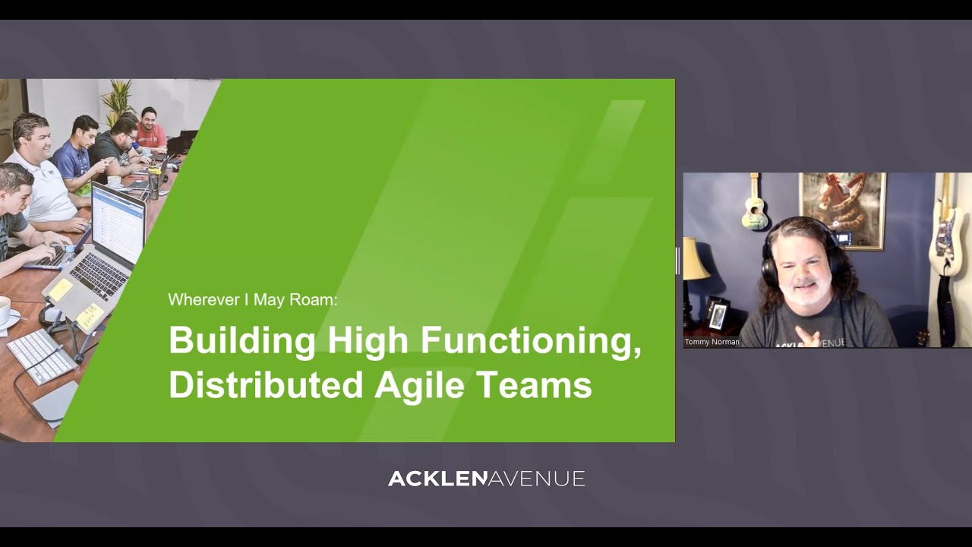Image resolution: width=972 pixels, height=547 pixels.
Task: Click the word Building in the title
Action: [x=241, y=340]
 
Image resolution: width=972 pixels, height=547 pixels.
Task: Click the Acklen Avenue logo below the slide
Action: [x=486, y=479]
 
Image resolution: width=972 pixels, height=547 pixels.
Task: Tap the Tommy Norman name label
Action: [x=712, y=342]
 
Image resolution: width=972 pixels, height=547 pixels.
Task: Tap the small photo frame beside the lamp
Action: [x=717, y=314]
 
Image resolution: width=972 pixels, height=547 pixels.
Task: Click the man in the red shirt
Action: [x=151, y=132]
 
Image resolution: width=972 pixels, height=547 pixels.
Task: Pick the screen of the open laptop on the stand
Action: [x=118, y=224]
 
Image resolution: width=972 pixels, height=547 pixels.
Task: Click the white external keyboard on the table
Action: [x=42, y=356]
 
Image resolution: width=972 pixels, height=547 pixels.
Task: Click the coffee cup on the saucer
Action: [x=4, y=311]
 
